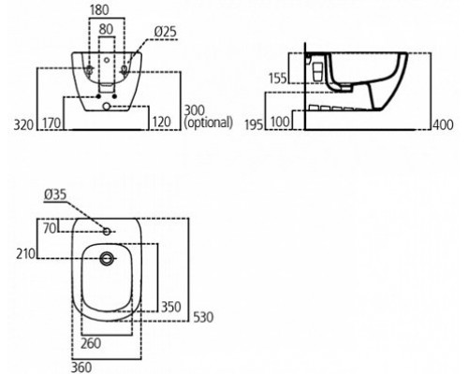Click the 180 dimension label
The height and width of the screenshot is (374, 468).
pyautogui.click(x=99, y=10)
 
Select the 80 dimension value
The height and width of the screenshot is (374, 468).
pyautogui.click(x=106, y=29)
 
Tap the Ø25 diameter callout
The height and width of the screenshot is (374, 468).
pyautogui.click(x=166, y=32)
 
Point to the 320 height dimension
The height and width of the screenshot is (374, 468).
pyautogui.click(x=23, y=124)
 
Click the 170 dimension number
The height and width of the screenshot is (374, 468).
pyautogui.click(x=51, y=122)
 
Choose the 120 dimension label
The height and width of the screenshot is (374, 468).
pyautogui.click(x=162, y=122)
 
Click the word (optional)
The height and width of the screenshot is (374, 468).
pyautogui.click(x=209, y=122)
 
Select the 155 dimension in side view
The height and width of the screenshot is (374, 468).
pyautogui.click(x=278, y=78)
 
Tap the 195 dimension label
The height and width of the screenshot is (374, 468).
pyautogui.click(x=255, y=124)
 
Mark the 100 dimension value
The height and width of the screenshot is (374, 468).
pyautogui.click(x=280, y=122)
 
